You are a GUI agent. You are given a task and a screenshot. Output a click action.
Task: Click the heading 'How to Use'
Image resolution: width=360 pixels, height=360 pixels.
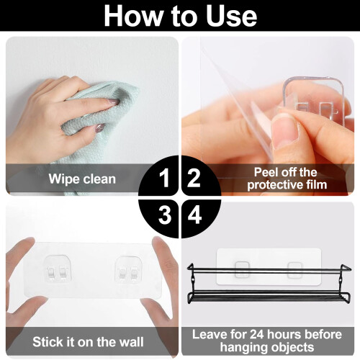[180, 16]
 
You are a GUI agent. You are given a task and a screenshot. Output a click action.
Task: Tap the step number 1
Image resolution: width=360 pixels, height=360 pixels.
[164, 178]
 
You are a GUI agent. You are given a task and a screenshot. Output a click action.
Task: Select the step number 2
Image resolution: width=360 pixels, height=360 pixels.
[194, 178]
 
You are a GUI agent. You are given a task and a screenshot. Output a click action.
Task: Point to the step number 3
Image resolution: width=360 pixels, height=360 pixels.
[165, 215]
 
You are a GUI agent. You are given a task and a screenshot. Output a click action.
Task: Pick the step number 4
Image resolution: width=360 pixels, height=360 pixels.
[194, 215]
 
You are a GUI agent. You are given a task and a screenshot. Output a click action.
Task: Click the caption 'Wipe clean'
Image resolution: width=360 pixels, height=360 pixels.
[82, 179]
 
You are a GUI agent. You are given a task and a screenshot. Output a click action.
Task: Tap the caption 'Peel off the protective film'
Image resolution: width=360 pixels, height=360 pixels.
[287, 179]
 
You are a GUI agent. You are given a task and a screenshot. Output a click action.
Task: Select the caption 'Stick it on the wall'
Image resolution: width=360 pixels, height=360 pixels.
[88, 342]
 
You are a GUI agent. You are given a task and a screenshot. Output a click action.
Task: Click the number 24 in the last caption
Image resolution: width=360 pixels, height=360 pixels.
[257, 334]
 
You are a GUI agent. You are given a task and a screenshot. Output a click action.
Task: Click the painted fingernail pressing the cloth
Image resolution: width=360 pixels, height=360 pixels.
[114, 102]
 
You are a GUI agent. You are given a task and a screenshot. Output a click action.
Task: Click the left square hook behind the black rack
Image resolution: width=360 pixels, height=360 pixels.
[242, 269]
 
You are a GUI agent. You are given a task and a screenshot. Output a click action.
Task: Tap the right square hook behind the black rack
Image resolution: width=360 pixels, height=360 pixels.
[294, 270]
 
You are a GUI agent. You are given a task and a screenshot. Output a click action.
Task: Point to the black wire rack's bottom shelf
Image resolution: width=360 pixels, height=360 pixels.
[269, 297]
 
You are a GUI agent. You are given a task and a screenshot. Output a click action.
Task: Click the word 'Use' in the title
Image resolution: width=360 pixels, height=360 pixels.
[232, 16]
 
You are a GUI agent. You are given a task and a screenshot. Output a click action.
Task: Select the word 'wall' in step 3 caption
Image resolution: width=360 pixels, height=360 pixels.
[130, 342]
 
